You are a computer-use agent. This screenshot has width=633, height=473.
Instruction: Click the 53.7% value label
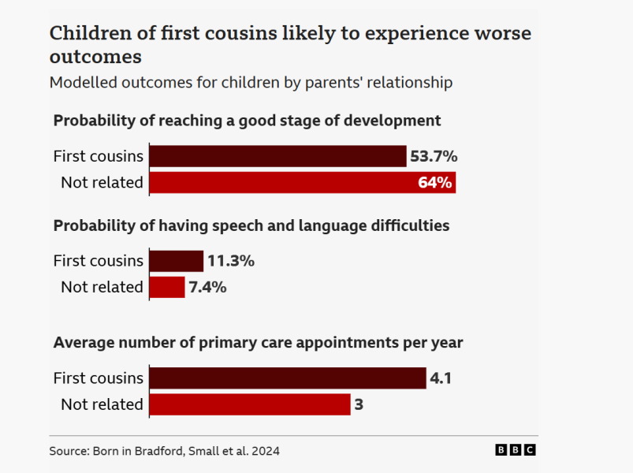click(434, 156)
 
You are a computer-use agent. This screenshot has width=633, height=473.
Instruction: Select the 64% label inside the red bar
click(435, 182)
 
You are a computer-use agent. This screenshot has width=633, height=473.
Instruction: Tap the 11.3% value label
click(231, 261)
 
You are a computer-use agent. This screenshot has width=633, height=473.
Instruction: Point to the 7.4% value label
click(207, 287)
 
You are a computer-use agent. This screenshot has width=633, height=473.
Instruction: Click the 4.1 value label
click(441, 378)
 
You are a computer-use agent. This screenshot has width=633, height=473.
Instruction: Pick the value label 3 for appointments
click(359, 404)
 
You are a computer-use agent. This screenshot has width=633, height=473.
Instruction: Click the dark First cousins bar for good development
click(277, 156)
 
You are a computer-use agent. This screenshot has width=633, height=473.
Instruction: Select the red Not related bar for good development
click(303, 182)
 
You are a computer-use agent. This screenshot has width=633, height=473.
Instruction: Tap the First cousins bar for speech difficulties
click(177, 261)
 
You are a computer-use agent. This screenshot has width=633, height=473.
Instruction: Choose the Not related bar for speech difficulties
click(167, 287)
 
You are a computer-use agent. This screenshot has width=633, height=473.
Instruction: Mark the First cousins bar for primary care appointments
click(288, 378)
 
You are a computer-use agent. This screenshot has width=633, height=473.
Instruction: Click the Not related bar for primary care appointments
click(250, 404)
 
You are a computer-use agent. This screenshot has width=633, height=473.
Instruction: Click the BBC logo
click(516, 450)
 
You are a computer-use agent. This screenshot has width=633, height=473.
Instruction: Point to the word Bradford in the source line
click(159, 451)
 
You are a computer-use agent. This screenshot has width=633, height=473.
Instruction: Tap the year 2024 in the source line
click(266, 451)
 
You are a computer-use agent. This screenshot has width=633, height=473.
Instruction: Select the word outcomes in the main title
click(95, 56)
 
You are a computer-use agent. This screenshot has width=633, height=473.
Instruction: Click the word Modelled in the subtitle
click(84, 82)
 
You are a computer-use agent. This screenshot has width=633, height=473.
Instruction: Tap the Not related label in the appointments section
click(102, 404)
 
